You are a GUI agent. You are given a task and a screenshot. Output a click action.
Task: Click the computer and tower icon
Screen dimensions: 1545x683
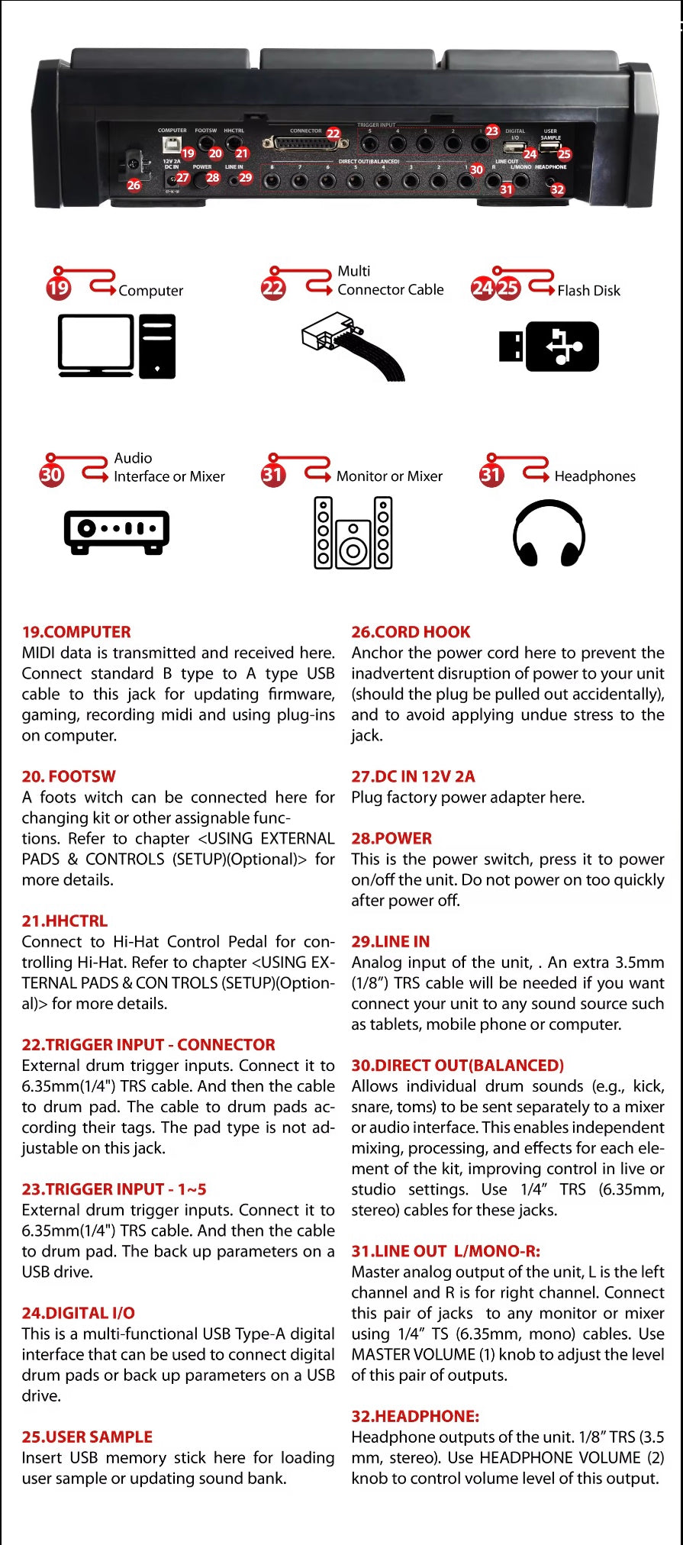tap(117, 346)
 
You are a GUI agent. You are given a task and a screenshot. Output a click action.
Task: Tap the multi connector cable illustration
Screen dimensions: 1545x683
tap(353, 345)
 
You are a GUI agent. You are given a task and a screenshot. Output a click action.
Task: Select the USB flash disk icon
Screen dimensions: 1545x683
tap(549, 346)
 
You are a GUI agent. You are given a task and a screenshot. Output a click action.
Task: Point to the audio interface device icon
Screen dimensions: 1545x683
tap(117, 531)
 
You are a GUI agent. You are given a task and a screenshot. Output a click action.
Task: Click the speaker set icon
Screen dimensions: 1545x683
tap(353, 533)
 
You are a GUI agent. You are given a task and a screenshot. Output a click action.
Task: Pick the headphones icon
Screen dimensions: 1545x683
tap(549, 533)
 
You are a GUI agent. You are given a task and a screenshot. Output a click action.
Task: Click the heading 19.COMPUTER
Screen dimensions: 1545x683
tap(76, 632)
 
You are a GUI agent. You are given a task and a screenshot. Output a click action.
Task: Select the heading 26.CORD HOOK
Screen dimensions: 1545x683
tap(411, 632)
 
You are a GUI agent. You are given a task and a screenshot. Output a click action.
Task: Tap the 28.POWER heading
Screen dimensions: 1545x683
tap(391, 838)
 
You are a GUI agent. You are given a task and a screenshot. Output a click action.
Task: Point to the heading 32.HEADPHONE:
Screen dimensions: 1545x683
tap(415, 1416)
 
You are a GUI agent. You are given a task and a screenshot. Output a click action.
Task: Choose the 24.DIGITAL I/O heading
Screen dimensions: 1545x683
tap(79, 1313)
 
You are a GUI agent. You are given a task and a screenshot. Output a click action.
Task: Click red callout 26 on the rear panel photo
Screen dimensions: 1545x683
tap(134, 185)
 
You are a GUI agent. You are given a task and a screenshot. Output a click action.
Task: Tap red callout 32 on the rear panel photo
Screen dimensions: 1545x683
tap(558, 189)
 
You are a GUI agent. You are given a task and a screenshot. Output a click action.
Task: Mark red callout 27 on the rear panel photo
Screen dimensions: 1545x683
tap(183, 177)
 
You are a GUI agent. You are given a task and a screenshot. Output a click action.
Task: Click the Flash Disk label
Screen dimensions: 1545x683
tap(588, 290)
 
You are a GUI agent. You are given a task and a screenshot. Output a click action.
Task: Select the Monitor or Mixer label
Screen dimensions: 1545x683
tap(389, 476)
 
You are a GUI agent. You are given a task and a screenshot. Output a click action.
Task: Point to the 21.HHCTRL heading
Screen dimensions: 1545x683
tap(65, 921)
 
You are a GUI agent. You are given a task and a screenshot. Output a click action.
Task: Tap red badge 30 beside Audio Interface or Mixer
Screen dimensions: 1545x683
tap(51, 475)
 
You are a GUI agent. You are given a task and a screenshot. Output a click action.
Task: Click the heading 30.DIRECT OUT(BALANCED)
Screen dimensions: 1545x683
tap(458, 1066)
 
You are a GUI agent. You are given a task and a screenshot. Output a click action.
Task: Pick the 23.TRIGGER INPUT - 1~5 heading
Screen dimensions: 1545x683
tap(114, 1189)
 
